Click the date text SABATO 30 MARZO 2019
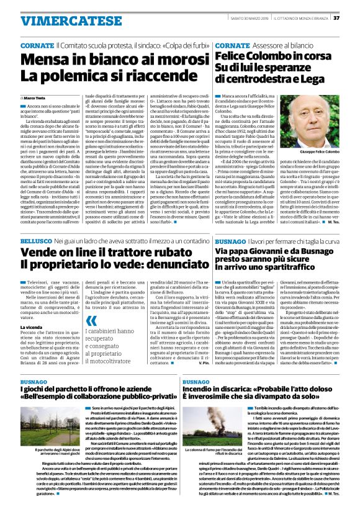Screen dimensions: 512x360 click(237, 18)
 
